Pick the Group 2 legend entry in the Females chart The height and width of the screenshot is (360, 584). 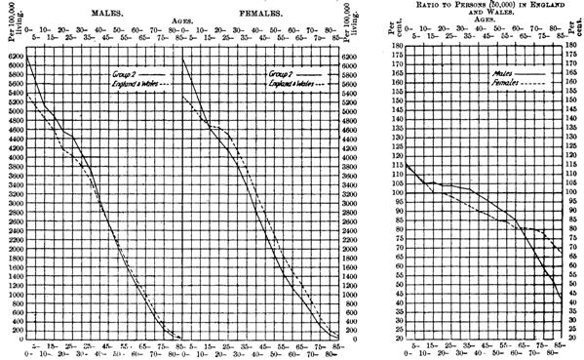pos(277,73)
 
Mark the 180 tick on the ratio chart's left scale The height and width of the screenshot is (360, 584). pos(397,46)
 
